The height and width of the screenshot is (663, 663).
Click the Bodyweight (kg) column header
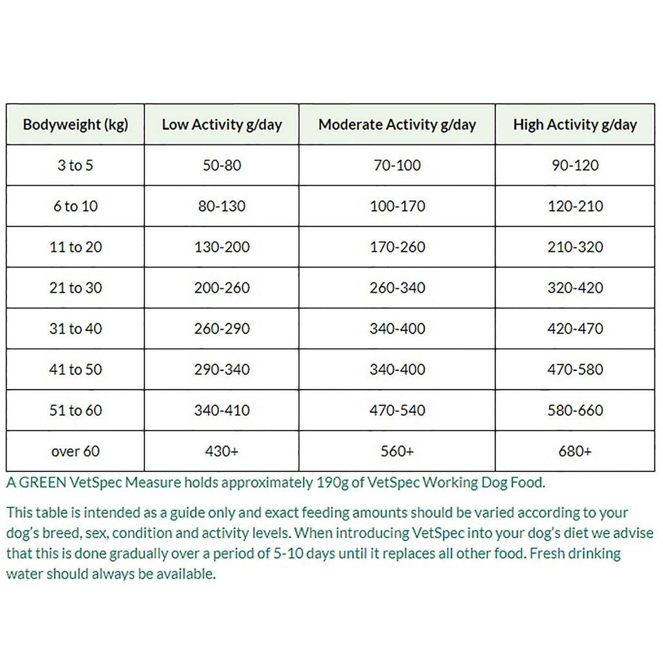click(75, 124)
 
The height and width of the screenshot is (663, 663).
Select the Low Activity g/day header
click(221, 124)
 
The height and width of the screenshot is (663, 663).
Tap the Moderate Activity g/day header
click(397, 124)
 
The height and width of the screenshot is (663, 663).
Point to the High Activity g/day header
click(575, 124)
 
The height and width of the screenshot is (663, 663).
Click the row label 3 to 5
click(75, 165)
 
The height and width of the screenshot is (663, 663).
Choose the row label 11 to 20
click(75, 247)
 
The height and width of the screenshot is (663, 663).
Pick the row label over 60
click(75, 451)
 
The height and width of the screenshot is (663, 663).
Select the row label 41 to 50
click(75, 369)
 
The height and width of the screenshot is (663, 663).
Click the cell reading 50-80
click(221, 165)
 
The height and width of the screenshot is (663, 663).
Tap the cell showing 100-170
click(397, 206)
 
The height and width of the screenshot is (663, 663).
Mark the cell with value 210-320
click(575, 247)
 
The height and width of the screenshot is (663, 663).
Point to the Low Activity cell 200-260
click(221, 287)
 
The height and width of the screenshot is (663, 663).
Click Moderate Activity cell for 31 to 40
click(397, 328)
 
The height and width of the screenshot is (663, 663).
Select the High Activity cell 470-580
click(575, 369)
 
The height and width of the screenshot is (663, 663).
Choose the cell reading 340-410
click(221, 410)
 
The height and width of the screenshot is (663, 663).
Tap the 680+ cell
click(575, 451)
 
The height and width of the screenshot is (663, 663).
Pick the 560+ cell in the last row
click(397, 451)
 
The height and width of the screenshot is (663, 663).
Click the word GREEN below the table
click(39, 482)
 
